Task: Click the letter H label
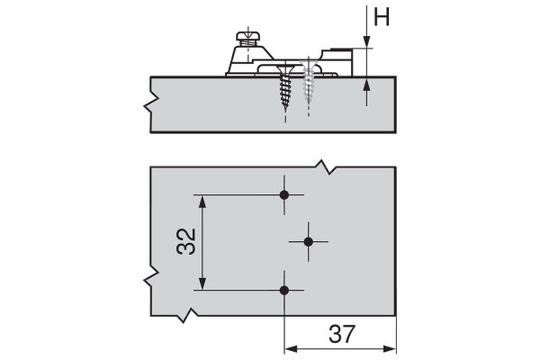[382, 17]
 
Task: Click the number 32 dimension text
[186, 241]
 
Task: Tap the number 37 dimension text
[341, 334]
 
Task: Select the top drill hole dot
[284, 195]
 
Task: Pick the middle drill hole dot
[308, 242]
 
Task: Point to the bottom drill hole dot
[284, 291]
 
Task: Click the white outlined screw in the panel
[308, 83]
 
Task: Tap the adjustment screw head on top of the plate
[248, 36]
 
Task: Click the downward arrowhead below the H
[367, 41]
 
